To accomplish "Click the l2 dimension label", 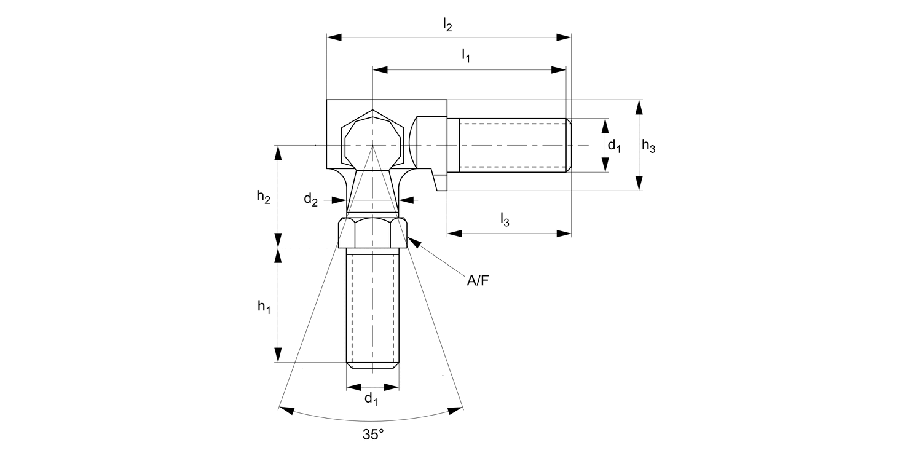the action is click(447, 25).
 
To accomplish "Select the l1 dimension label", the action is click(465, 55).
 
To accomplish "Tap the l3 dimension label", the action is click(505, 219).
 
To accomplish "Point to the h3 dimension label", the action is click(648, 146).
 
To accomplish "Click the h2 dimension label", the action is click(264, 197).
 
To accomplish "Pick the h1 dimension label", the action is click(264, 307).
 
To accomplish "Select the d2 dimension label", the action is click(311, 200).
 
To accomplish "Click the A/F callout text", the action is click(478, 281).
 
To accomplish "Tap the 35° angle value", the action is click(373, 434).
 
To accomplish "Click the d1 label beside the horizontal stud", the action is click(614, 146).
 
